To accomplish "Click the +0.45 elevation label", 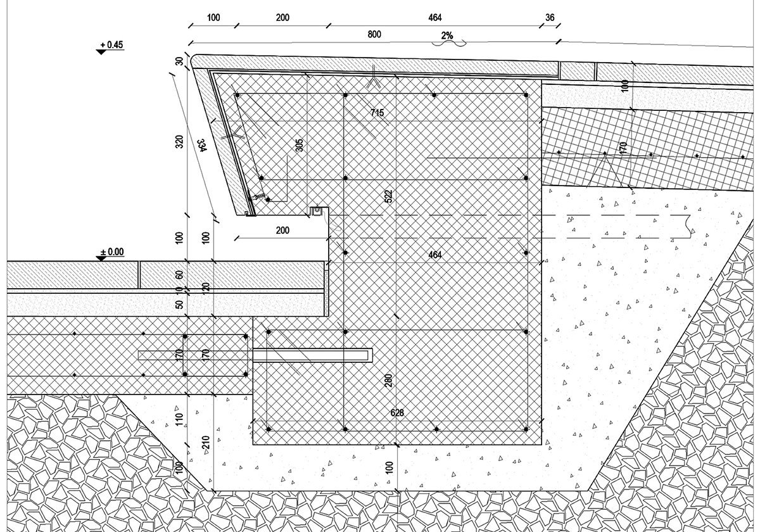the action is [x=111, y=45].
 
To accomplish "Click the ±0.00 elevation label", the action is [x=112, y=252].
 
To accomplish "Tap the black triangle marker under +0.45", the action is [x=101, y=52].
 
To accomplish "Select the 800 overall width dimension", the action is [x=374, y=34].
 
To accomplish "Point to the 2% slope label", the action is [x=447, y=35].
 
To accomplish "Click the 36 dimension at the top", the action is [x=550, y=17].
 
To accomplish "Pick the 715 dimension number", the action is [x=377, y=113].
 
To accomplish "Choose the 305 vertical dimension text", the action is [x=299, y=145].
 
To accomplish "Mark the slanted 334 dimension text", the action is [x=201, y=145].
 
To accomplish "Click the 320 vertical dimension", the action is [x=179, y=141].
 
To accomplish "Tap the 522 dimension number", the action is [x=388, y=196].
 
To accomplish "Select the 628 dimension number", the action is [x=397, y=412].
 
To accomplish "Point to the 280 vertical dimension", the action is [x=388, y=381].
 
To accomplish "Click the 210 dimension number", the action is [x=206, y=443].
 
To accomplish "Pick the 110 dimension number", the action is [x=179, y=419].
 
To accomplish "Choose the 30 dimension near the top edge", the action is [x=179, y=61].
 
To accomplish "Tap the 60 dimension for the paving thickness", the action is [x=179, y=275].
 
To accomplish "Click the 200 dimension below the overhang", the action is [x=282, y=231].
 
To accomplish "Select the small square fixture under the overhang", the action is [x=317, y=211].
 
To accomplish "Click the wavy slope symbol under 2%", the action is [x=449, y=43].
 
